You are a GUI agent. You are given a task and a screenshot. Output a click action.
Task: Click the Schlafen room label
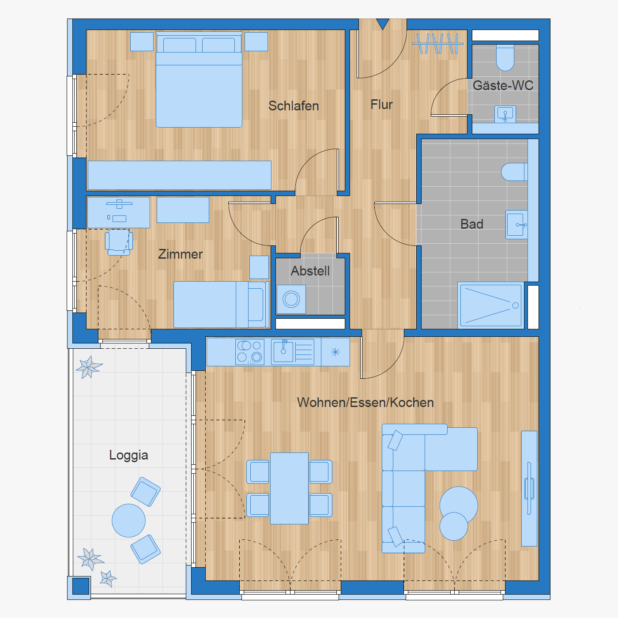coord(294,106)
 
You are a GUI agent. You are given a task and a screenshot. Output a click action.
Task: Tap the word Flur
coord(381,105)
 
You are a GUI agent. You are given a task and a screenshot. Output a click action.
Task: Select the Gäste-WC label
coord(503,85)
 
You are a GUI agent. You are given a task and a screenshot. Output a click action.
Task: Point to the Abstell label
coord(310,271)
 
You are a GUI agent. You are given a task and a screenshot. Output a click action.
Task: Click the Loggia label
coord(128,456)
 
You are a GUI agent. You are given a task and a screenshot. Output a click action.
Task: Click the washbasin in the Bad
coord(516,225)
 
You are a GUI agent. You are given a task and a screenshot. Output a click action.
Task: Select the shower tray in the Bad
coord(491,305)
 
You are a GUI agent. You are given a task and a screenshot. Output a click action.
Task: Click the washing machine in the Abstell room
coord(291,299)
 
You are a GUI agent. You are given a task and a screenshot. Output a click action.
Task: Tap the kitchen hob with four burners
coord(250,352)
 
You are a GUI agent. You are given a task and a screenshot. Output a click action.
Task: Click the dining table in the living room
coord(289,488)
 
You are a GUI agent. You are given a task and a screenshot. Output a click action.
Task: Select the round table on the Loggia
coord(128,520)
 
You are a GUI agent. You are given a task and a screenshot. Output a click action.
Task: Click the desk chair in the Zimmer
coord(119,242)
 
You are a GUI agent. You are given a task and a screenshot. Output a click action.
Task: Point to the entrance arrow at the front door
coord(383,24)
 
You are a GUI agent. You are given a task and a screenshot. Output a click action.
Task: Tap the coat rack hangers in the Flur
coord(438,43)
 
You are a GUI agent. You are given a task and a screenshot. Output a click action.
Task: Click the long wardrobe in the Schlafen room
coord(180,175)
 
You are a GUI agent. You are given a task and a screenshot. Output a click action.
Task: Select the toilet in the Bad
coord(514,172)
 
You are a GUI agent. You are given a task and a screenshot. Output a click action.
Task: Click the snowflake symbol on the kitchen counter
coord(335,352)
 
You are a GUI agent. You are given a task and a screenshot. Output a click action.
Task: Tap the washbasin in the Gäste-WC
coord(505,114)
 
